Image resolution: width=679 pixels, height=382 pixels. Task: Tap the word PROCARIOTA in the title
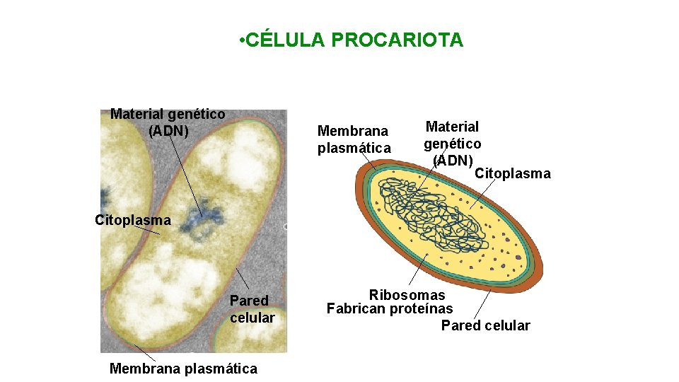(397, 40)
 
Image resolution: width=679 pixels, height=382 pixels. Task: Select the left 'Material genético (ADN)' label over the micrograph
(168, 122)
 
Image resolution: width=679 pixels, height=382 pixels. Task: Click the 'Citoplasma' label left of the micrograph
(133, 220)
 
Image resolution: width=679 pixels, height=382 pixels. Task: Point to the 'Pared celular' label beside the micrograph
(252, 309)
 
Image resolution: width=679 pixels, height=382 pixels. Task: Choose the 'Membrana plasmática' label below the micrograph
(184, 368)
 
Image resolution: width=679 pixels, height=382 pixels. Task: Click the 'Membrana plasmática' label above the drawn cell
(354, 139)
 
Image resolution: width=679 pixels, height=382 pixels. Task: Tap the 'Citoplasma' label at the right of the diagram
(512, 173)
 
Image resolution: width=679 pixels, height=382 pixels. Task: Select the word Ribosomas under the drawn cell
(407, 295)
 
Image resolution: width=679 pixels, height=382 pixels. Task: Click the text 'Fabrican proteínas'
(389, 308)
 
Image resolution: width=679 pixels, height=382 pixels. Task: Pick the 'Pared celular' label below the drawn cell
(485, 325)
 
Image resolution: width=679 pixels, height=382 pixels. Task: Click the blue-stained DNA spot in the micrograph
(200, 219)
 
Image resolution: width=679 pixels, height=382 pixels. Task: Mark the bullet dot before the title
(242, 40)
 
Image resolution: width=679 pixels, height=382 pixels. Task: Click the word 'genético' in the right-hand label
(453, 144)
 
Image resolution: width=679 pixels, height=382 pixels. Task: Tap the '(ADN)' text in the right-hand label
(453, 160)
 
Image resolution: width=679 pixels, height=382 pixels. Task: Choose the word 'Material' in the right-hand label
(452, 127)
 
